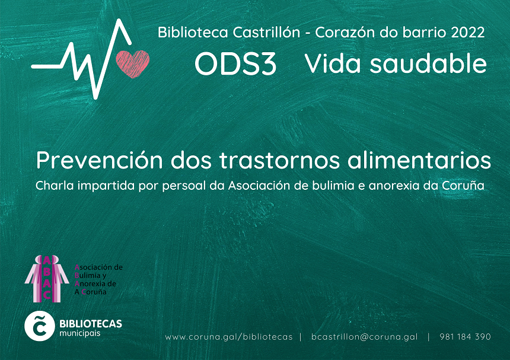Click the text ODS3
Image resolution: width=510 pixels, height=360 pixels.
[x=235, y=64]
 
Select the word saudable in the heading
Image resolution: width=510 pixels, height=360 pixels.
[x=428, y=63]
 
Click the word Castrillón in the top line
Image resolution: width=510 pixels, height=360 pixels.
[x=266, y=32]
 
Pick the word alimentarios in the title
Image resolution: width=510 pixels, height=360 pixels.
[x=419, y=160]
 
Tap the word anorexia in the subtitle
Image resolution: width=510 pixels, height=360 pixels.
[x=394, y=186]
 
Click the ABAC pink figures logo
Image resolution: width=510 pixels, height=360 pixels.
[x=47, y=279]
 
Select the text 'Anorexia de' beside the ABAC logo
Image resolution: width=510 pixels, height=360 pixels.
[x=95, y=283]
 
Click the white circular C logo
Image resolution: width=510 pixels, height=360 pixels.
[x=40, y=326]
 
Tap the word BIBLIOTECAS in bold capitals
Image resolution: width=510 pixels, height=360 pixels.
[x=91, y=324]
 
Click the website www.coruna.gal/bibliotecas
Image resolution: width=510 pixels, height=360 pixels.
[x=229, y=337]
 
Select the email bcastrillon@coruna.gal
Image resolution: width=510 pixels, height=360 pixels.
[x=364, y=337]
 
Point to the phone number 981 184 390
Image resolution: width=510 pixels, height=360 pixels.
[x=465, y=337]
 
